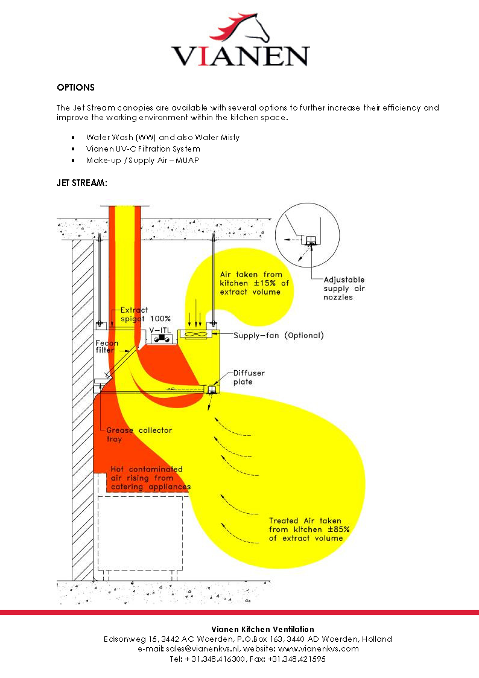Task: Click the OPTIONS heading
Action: tap(75, 88)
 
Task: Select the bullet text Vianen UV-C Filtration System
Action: tap(143, 149)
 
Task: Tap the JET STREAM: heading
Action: tap(82, 182)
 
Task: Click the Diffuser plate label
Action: tap(249, 377)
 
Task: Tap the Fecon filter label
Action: tap(106, 347)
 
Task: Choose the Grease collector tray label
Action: tap(139, 434)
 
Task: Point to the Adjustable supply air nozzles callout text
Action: tap(344, 289)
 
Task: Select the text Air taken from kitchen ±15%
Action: tap(250, 283)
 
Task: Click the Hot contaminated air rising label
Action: tap(150, 478)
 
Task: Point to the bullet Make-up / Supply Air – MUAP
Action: tap(142, 160)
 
